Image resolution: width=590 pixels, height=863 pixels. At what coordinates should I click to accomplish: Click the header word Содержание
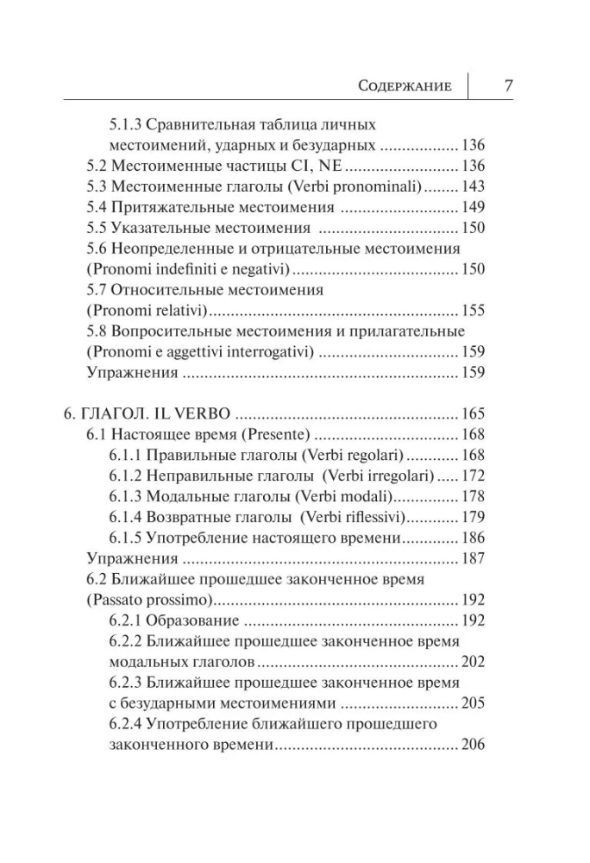pos(404,85)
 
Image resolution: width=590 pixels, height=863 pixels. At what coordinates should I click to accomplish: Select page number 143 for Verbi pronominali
pos(474,187)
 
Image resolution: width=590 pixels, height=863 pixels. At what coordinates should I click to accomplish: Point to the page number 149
pos(474,208)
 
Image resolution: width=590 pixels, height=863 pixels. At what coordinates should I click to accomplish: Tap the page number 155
pos(474,311)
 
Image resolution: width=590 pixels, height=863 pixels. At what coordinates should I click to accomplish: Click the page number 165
pos(474,413)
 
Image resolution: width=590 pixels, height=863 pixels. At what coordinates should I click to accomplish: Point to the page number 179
pos(474,516)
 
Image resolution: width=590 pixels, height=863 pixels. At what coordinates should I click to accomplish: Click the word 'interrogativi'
pos(264,352)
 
